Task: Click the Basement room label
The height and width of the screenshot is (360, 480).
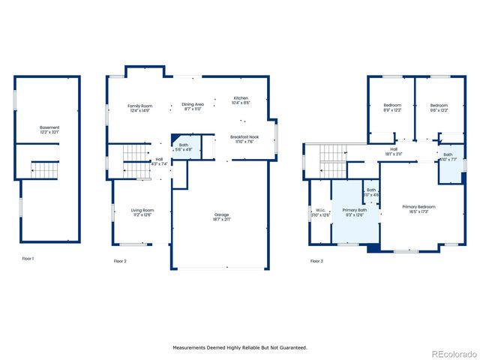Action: coord(49,127)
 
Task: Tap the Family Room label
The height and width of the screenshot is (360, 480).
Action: coord(139,106)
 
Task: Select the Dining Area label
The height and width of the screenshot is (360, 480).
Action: coord(193,104)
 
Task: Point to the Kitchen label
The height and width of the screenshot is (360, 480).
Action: coord(241,98)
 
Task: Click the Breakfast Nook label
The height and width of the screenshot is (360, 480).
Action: coord(244,136)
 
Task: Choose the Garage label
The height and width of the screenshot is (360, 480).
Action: coord(221,214)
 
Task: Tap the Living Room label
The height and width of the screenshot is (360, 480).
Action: coord(142,210)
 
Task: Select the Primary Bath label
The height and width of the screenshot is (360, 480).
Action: coord(355,210)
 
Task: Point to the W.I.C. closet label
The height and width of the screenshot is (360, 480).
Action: coord(320,210)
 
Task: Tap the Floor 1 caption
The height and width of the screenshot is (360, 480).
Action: coord(28,259)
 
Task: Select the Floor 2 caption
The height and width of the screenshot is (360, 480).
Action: coord(120,261)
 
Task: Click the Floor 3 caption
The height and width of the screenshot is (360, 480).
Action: coord(316,261)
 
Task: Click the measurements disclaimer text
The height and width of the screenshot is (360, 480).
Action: coord(240,347)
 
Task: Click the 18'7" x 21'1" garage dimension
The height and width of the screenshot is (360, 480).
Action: coord(221,220)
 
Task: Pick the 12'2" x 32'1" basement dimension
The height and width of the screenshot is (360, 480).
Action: coord(49,133)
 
